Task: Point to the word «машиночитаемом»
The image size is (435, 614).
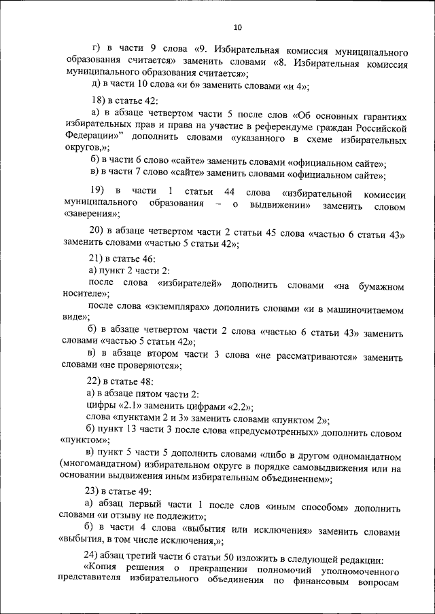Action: pos(370,309)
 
